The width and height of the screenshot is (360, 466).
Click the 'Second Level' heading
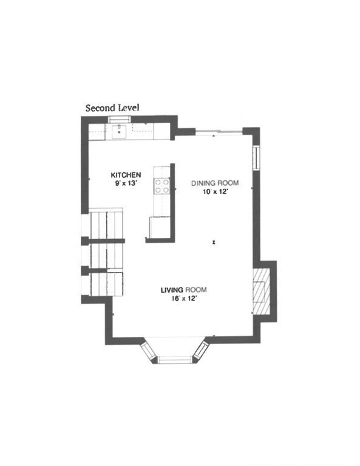[x=112, y=108]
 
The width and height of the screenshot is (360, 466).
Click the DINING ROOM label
[x=215, y=183]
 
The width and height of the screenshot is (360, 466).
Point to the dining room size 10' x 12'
[x=215, y=191]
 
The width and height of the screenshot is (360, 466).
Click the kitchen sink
[x=120, y=130]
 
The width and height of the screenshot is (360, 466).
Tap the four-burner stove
[x=161, y=184]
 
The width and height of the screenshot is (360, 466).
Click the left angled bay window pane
[x=148, y=351]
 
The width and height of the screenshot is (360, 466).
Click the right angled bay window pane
[x=202, y=351]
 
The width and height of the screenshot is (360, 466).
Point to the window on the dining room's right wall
[x=256, y=157]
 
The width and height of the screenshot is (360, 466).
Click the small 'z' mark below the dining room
[x=214, y=241]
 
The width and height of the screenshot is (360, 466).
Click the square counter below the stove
[x=159, y=227]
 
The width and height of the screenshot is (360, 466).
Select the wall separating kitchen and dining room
[x=172, y=200]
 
